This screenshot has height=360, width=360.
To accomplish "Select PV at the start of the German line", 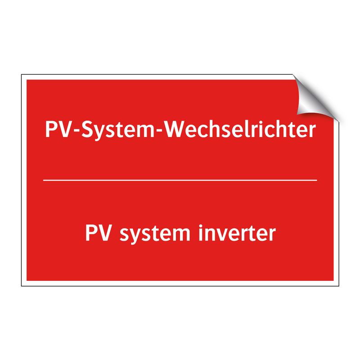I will pos(55,130).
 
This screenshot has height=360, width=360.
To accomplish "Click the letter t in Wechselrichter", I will pos(292,130).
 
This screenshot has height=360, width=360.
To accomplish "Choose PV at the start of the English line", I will pos(96,233).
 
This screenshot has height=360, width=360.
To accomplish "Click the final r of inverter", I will pos(271,235).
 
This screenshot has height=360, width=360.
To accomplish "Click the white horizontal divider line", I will pos(180,180).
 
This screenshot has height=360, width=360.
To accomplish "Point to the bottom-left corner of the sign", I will pos(22,285).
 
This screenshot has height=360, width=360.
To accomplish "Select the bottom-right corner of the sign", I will pos(338,285).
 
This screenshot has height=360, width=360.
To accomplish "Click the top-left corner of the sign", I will pos(22,75).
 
